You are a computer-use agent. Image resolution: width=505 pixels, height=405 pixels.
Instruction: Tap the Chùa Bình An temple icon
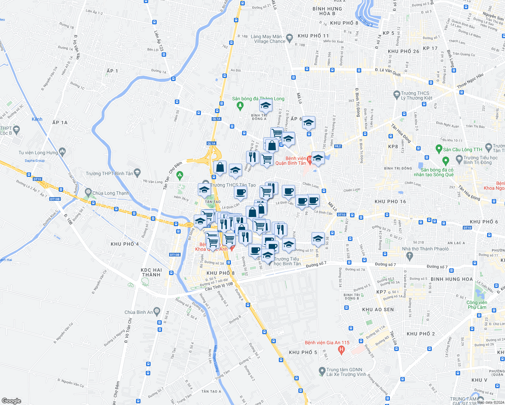point(156,311)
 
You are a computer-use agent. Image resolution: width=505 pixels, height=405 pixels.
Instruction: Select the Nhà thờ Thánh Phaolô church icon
point(409,256)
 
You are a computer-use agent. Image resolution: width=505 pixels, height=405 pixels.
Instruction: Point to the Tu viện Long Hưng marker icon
point(62,152)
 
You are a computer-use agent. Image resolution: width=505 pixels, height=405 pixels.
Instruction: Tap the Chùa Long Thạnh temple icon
point(88,192)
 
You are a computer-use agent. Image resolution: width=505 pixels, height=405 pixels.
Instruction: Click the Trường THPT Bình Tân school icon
point(137,173)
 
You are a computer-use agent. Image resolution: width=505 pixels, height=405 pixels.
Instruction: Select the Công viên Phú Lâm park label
point(477,305)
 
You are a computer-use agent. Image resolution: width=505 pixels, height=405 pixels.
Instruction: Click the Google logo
point(11,401)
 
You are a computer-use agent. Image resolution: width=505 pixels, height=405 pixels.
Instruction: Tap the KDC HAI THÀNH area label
point(152,272)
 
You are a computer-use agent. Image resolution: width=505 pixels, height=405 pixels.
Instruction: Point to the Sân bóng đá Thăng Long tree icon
point(240,106)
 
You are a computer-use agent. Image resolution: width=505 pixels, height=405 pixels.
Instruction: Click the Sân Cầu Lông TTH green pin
point(439,149)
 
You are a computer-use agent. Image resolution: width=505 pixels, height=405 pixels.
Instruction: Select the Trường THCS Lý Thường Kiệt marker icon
point(397,95)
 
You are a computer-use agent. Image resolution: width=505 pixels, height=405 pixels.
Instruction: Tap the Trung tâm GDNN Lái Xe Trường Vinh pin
point(322,371)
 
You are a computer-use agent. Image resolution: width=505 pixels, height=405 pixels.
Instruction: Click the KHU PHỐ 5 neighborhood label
point(303,352)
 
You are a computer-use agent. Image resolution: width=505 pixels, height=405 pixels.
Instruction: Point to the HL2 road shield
point(338,146)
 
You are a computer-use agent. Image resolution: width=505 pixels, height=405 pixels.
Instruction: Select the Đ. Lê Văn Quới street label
point(388,72)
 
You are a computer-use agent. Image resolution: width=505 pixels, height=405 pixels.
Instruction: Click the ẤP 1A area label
point(60,123)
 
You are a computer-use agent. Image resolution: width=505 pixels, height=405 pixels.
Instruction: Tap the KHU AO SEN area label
point(378,309)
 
